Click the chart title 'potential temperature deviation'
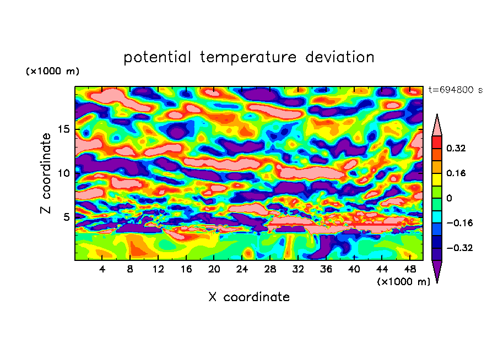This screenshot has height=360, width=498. click(x=249, y=57)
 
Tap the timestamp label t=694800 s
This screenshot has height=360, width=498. click(x=456, y=90)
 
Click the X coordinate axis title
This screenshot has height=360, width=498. click(x=249, y=297)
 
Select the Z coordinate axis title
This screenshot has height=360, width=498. click(x=46, y=173)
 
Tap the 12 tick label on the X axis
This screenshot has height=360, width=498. click(x=159, y=270)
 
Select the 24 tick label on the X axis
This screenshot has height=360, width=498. click(x=242, y=270)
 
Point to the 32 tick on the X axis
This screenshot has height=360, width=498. click(x=298, y=270)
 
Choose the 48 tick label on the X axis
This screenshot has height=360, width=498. click(x=410, y=270)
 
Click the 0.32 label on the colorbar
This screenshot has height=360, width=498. click(x=456, y=149)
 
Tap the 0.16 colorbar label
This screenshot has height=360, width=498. click(x=456, y=173)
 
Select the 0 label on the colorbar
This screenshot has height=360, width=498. click(x=449, y=198)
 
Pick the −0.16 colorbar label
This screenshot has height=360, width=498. click(x=458, y=223)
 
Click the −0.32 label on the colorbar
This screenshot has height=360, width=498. click(x=458, y=248)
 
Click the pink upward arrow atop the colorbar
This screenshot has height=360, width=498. click(x=437, y=126)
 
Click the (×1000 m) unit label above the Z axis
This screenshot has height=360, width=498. click(x=53, y=72)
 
